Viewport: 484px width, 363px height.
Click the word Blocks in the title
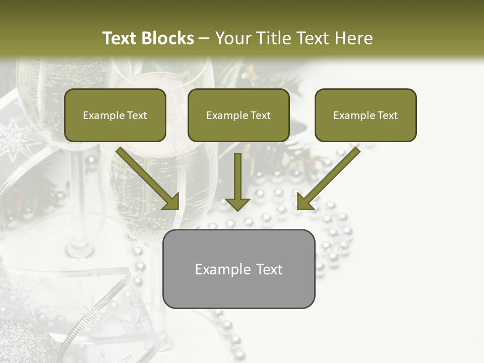(x=167, y=38)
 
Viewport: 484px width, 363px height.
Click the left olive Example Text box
(x=115, y=115)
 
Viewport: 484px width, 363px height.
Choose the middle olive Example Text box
(x=238, y=115)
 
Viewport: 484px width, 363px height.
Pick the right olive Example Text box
(x=366, y=115)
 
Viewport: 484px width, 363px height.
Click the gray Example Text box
(x=238, y=269)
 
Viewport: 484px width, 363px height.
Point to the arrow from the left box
(x=146, y=176)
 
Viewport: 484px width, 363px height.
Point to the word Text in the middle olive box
(x=261, y=115)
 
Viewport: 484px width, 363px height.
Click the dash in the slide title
(x=204, y=39)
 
